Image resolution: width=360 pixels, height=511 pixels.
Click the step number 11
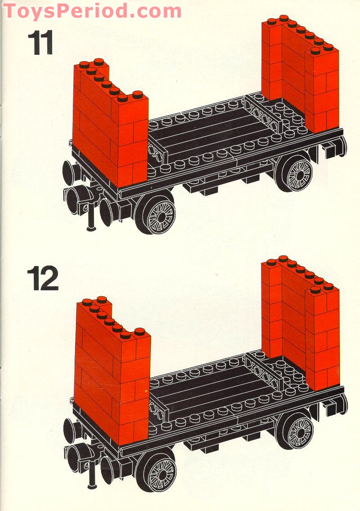click(40, 43)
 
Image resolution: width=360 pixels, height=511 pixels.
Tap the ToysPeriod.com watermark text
click(92, 11)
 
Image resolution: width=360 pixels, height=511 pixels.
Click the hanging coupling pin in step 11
click(92, 218)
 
